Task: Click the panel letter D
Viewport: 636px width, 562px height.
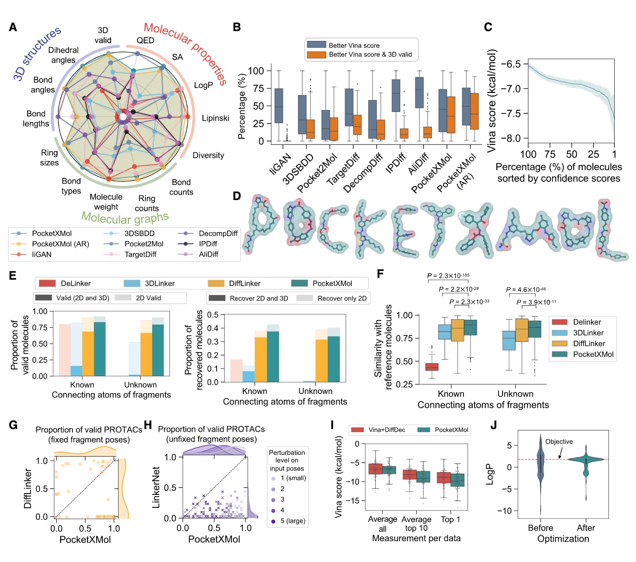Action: tap(237, 196)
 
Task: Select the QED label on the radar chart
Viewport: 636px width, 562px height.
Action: tap(145, 40)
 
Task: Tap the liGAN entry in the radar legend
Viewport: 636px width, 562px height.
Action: tap(41, 254)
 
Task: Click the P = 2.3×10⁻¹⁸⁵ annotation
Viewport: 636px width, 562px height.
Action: tap(448, 276)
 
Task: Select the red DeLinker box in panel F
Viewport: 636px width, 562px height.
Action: tap(431, 367)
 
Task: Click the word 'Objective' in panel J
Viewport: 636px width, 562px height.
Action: tap(559, 442)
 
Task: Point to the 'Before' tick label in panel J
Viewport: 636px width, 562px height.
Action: tap(540, 528)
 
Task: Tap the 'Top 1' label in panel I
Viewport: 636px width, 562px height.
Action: tap(451, 519)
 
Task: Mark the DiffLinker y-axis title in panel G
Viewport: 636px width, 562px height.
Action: tap(28, 488)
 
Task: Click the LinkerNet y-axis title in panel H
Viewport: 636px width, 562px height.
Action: tap(156, 487)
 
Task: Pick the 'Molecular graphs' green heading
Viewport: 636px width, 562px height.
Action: tap(125, 218)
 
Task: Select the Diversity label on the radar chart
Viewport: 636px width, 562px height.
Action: tap(208, 155)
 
